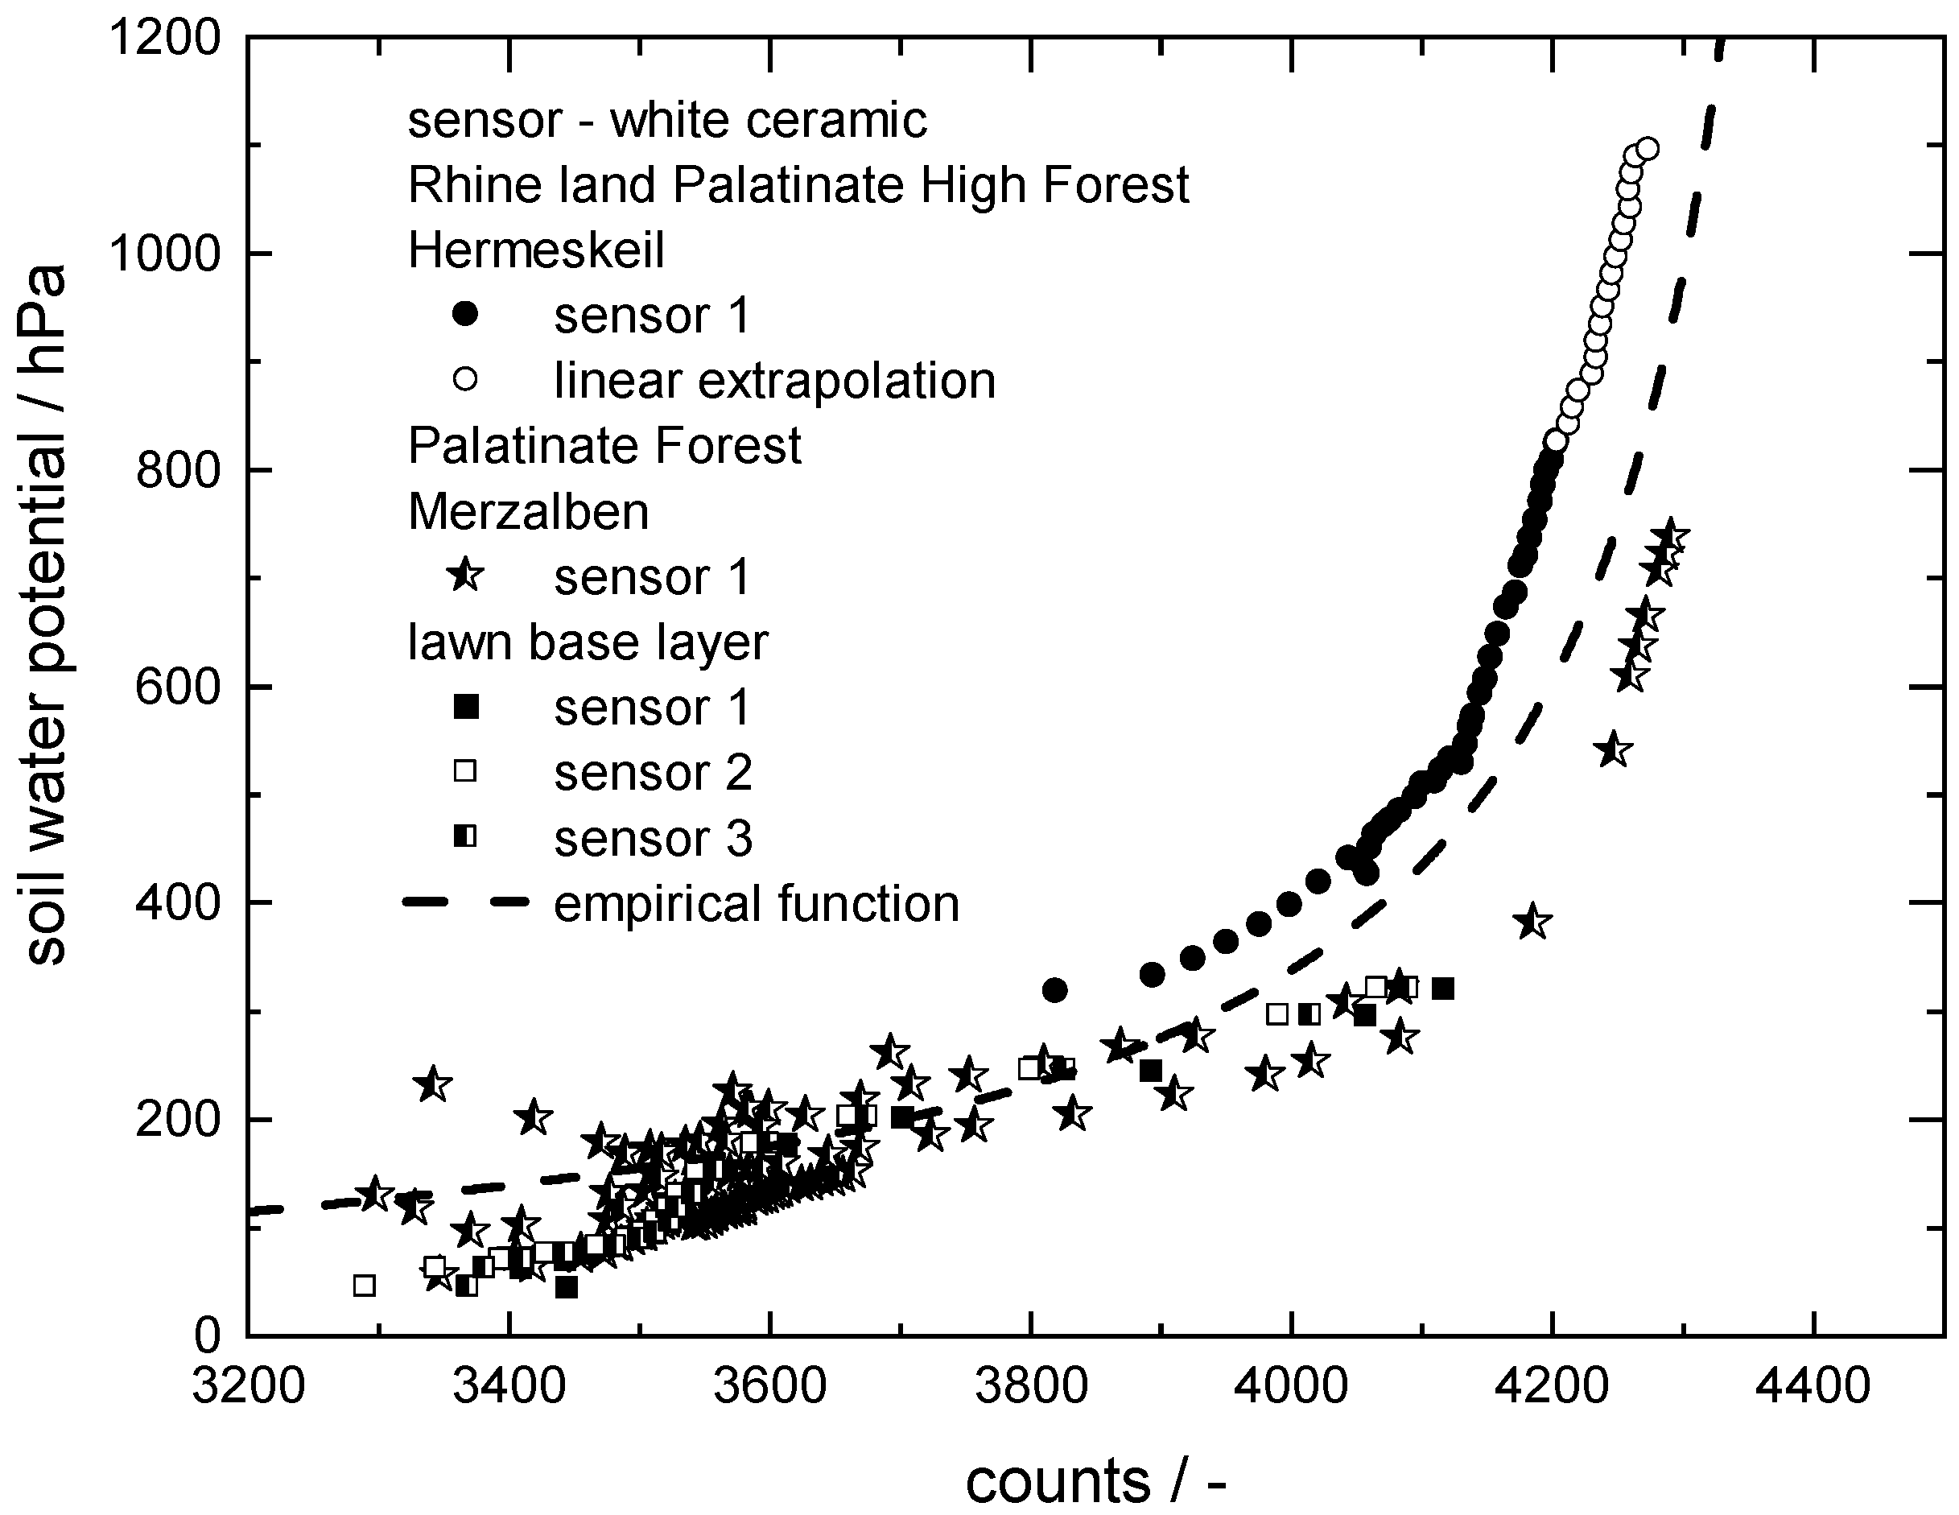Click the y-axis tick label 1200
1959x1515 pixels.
[x=164, y=39]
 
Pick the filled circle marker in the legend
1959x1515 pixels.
[x=465, y=315]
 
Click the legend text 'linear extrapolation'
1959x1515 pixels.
[x=774, y=380]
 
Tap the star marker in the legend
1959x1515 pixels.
[x=465, y=576]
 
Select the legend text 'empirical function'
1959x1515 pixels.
[x=756, y=903]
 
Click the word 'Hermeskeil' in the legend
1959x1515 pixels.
[x=535, y=250]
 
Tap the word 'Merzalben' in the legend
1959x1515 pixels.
[x=528, y=511]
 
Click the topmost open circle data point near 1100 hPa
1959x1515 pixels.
[x=1646, y=149]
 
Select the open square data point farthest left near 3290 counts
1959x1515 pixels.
[x=364, y=1286]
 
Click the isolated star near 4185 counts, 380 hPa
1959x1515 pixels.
[x=1532, y=921]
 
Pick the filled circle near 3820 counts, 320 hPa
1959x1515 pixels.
[x=1055, y=990]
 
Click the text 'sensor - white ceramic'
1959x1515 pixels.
[x=666, y=120]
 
